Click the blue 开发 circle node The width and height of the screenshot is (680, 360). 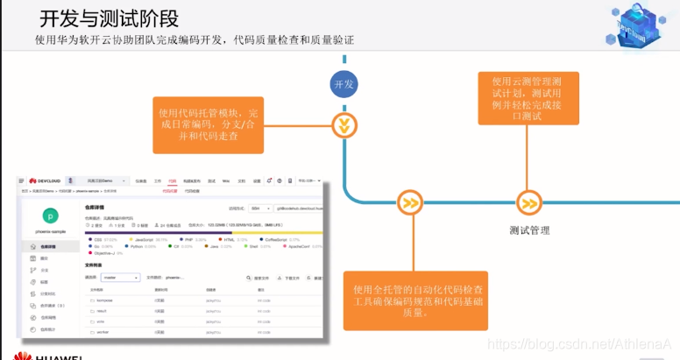(x=344, y=83)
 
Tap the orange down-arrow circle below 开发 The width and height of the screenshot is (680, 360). (x=344, y=125)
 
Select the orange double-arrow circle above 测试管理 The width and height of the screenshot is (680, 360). (x=528, y=203)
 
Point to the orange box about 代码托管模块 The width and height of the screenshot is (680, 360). (x=209, y=124)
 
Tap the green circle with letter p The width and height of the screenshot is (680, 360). (x=50, y=215)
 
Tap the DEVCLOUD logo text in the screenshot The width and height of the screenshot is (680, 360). (x=45, y=180)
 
